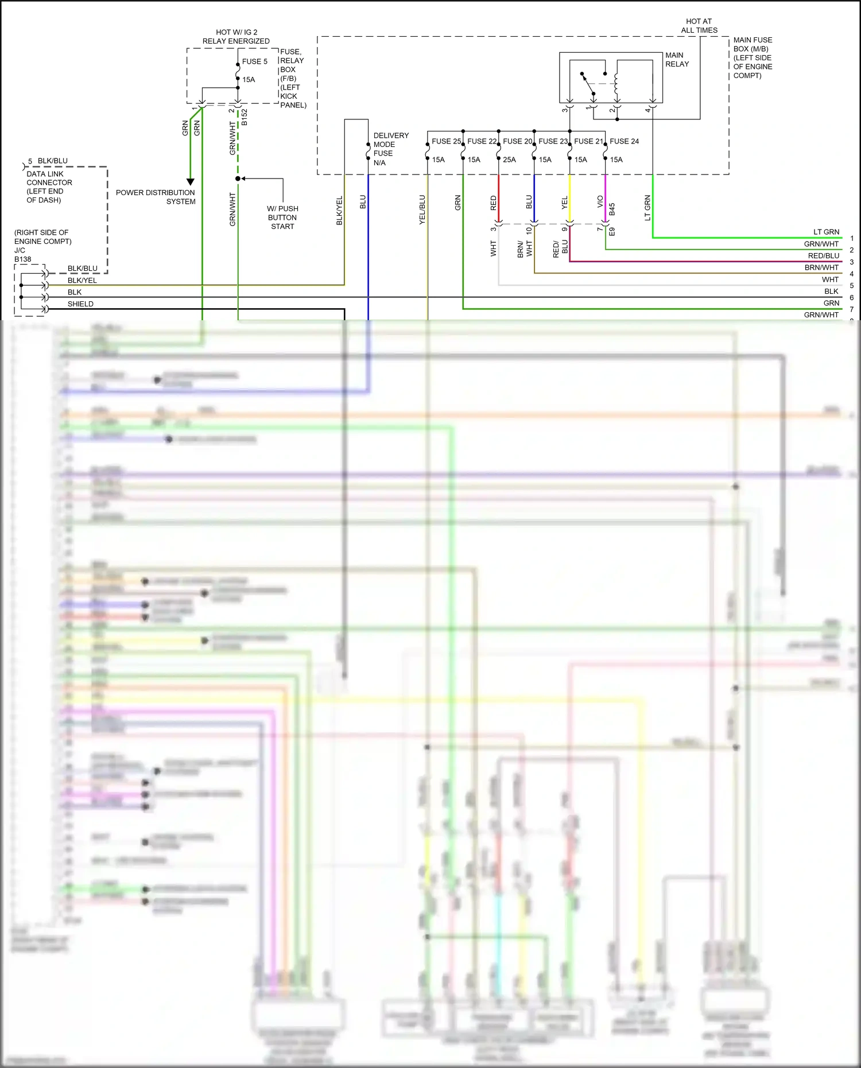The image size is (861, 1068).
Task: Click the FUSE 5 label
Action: point(254,61)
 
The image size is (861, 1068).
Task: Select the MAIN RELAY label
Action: point(677,60)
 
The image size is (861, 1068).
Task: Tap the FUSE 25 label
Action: point(446,141)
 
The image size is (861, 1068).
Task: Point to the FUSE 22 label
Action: point(482,141)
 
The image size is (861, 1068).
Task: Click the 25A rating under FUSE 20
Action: point(509,160)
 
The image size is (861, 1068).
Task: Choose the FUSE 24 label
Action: point(624,141)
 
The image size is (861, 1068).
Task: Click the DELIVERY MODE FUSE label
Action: point(390,149)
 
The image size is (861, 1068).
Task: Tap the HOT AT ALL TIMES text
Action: point(699,26)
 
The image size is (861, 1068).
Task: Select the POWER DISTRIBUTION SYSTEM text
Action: point(156,197)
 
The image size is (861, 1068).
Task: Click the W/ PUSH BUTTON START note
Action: point(282,218)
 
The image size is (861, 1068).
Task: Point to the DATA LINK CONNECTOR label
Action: point(49,187)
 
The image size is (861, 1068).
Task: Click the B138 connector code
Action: point(23,259)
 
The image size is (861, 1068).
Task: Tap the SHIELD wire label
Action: point(80,304)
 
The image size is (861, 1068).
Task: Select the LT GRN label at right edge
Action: point(826,232)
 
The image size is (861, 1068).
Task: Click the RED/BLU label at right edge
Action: point(823,256)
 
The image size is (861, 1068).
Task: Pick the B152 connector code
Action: point(245,118)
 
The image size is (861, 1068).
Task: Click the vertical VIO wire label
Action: point(600,201)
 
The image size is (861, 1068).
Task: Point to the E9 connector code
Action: point(612,232)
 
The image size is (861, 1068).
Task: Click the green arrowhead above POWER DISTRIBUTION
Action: point(191,182)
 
